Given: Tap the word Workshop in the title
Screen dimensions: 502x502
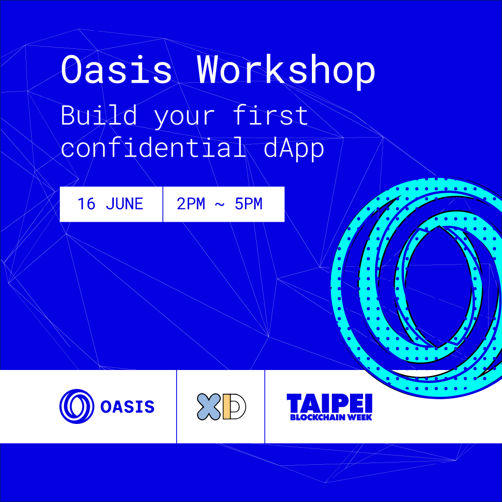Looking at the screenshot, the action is [x=286, y=72].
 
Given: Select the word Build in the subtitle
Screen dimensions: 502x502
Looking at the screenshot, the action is [x=99, y=115].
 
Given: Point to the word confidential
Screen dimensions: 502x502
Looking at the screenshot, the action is [x=153, y=147].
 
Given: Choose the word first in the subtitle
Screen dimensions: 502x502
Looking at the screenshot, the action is [x=270, y=115].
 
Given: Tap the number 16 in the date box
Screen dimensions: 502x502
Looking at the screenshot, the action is [x=86, y=204].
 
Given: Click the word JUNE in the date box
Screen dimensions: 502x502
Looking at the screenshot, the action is [x=124, y=204].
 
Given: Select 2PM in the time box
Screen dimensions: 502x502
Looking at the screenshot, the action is [x=191, y=204].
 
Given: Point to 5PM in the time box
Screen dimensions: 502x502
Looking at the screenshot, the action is [x=248, y=204].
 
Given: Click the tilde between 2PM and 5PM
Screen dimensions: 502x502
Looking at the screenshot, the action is [x=219, y=204].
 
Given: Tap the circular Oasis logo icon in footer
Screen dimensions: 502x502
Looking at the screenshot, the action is [x=77, y=406].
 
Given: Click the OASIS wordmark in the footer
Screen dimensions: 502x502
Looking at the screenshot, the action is [x=127, y=407].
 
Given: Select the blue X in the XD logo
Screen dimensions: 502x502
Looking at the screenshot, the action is [x=209, y=407].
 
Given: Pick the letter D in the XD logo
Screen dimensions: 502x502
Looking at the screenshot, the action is [x=234, y=407].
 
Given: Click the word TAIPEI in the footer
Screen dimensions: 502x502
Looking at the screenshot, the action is [x=330, y=403].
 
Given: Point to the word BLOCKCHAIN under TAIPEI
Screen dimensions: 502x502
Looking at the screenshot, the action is [x=317, y=417].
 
